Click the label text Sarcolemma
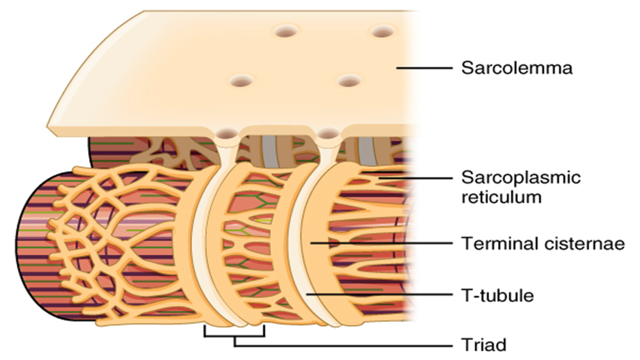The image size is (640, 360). [x=516, y=68]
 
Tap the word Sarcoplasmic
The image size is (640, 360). [x=520, y=178]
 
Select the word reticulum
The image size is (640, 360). [x=501, y=197]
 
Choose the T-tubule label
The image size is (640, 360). [x=498, y=296]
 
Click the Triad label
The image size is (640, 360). [x=484, y=345]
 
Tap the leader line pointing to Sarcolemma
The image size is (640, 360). [x=424, y=68]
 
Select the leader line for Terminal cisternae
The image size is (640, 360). [x=380, y=243]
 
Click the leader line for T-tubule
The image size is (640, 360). [x=380, y=295]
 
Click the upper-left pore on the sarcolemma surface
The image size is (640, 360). [x=285, y=31]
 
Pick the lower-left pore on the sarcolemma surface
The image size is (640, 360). [x=241, y=81]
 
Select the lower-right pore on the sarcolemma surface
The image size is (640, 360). [x=349, y=81]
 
